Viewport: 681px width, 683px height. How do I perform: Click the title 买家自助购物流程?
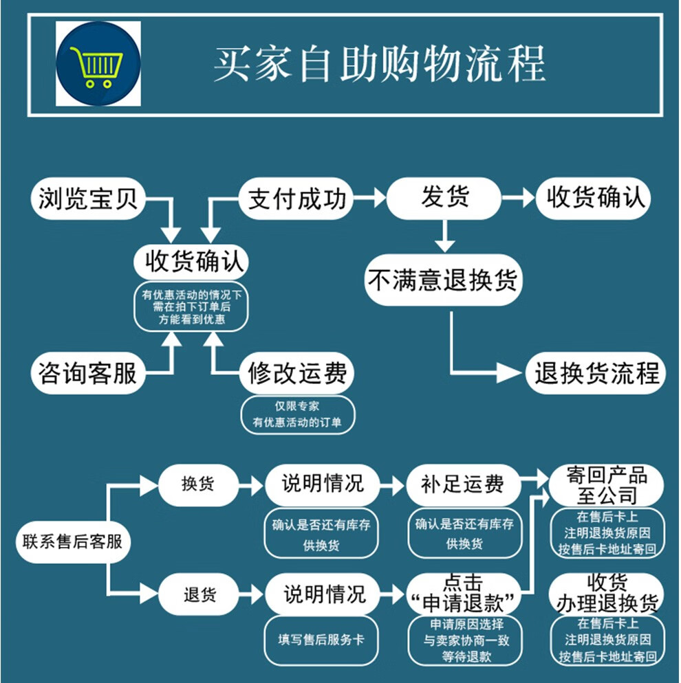[380, 64]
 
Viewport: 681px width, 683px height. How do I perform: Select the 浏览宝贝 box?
[88, 199]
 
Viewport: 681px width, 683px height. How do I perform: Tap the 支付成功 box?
[296, 199]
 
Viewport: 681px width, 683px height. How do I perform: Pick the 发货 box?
[444, 198]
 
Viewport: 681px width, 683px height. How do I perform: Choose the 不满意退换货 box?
[444, 280]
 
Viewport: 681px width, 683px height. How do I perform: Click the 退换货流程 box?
[596, 373]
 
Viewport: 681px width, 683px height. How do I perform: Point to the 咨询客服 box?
[88, 373]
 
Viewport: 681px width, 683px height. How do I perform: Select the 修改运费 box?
[297, 373]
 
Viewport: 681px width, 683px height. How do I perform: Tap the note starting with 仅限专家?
[298, 415]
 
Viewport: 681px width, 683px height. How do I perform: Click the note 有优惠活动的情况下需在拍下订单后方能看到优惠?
[191, 307]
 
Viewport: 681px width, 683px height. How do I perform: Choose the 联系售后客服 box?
[73, 542]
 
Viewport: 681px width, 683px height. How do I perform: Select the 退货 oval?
[198, 594]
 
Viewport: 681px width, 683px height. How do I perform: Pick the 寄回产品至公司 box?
[607, 486]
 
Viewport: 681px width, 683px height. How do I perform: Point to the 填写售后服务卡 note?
[321, 640]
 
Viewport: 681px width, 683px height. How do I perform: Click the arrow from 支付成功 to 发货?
[369, 198]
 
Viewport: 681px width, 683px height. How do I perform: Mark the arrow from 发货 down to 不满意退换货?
[444, 236]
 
